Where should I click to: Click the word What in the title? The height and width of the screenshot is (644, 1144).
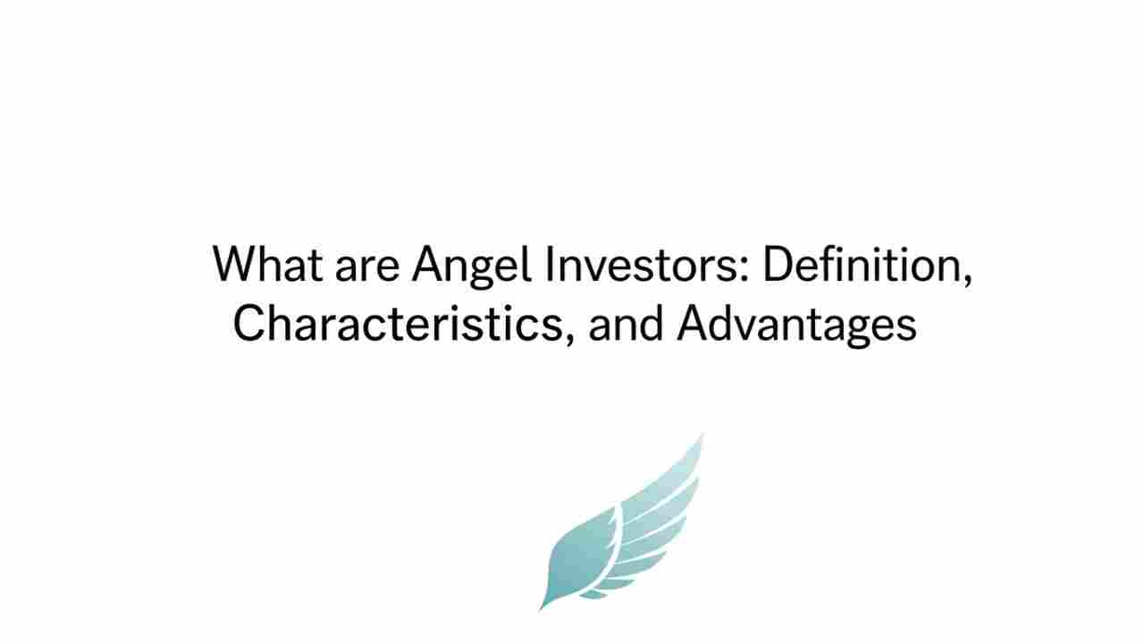266,264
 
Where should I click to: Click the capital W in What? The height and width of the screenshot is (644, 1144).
234,264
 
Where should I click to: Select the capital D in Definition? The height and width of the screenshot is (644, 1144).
778,264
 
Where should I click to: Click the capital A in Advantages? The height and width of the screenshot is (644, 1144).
694,323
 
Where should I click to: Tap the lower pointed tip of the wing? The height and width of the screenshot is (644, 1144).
542,609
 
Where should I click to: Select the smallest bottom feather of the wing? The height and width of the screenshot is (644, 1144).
594,593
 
